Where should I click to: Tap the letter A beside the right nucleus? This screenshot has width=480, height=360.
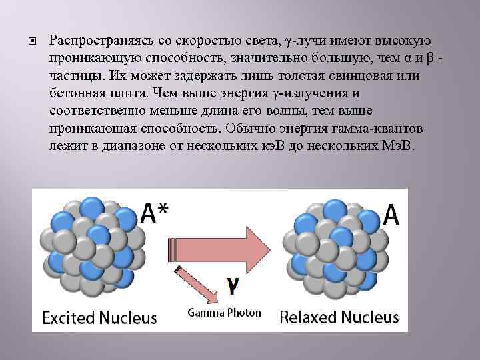pyautogui.click(x=392, y=215)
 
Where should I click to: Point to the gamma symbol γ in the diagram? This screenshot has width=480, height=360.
pyautogui.click(x=232, y=285)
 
